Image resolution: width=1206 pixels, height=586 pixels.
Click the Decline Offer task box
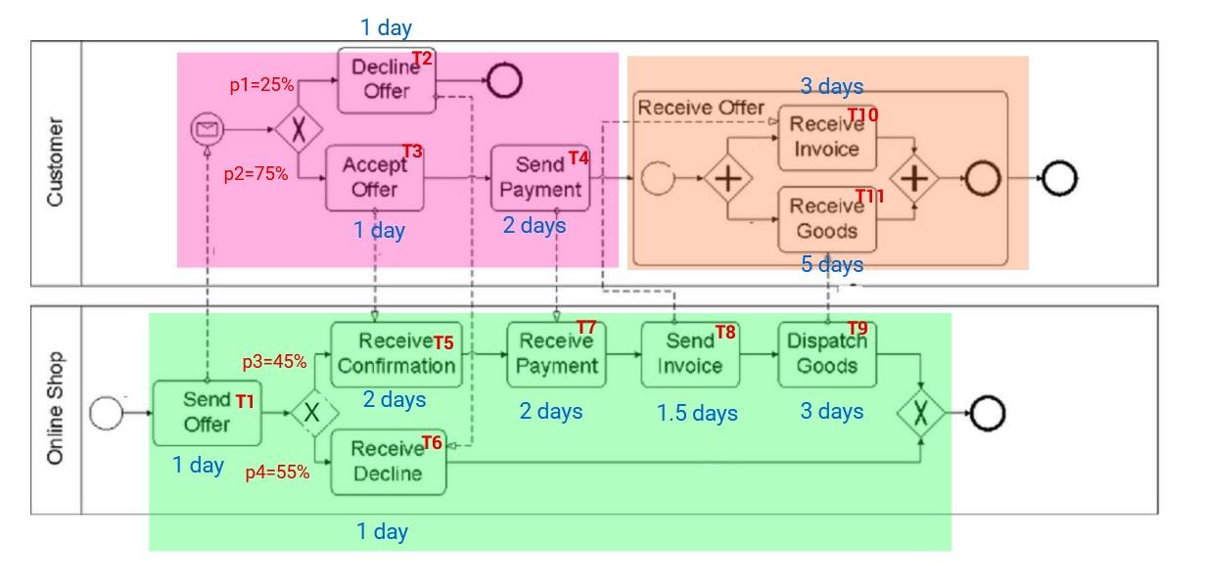coord(387,80)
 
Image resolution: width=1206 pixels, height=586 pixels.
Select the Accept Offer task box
coord(374,178)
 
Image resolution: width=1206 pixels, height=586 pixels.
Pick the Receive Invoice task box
coord(825,138)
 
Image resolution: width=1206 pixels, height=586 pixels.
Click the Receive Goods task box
coord(825,219)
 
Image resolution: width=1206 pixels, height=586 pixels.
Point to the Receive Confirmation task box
coord(395,354)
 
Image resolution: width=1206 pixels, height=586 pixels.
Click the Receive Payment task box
coord(556,354)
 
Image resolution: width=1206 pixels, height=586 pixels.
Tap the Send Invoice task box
coord(689,354)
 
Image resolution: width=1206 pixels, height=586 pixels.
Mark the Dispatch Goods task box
coord(827,354)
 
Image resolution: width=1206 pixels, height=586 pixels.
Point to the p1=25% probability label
coord(261,85)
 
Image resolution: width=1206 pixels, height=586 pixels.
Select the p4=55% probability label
coord(277,473)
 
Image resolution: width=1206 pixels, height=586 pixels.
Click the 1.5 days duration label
coord(697,414)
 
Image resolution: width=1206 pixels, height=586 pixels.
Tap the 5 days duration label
coord(831,265)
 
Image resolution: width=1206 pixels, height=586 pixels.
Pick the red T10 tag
coord(862,115)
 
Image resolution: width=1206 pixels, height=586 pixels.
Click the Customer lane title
coord(56,162)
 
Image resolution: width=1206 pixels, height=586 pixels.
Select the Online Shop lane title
coord(56,409)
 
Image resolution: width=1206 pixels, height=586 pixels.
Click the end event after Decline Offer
coord(503,80)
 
